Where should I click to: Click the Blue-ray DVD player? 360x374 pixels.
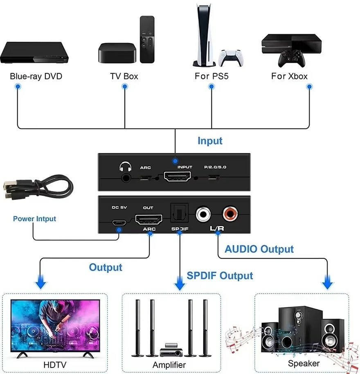pos(34,53)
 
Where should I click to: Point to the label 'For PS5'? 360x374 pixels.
pos(211,76)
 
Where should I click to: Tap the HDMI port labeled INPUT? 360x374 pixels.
pos(178,177)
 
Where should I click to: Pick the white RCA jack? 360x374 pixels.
pos(203,214)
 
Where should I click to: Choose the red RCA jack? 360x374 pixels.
pos(229,213)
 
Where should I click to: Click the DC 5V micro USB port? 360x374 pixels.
pos(119,223)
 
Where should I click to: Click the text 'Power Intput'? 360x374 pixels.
pos(34,219)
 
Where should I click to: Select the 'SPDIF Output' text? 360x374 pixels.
pos(220,275)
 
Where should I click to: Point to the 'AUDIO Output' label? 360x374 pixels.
pos(259,249)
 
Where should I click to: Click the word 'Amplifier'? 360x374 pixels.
pos(169,365)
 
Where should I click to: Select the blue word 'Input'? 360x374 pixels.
pos(210,141)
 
